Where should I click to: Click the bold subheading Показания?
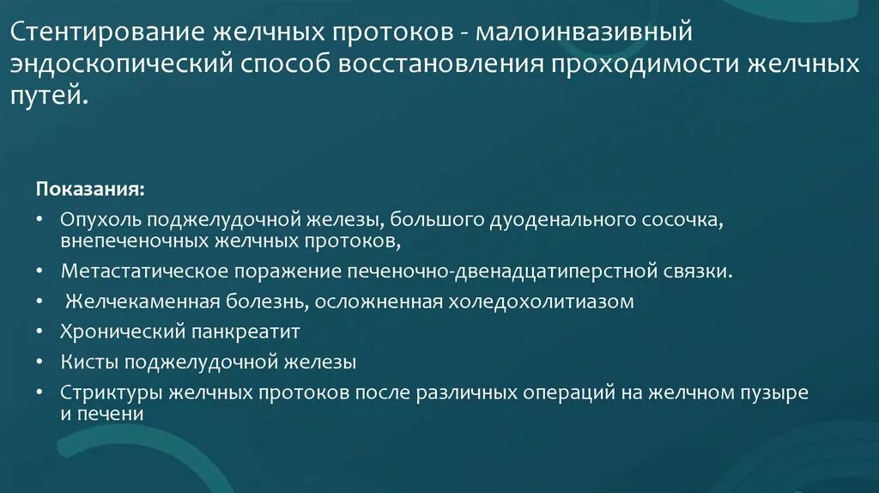click(90, 187)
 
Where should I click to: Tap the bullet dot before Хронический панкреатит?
click(40, 331)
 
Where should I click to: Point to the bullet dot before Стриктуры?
click(40, 393)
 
